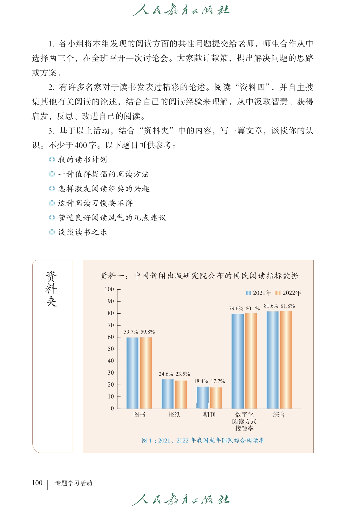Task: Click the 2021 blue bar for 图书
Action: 132,373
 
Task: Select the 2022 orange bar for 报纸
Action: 181,394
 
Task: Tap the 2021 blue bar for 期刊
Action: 203,397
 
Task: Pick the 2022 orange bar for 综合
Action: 286,360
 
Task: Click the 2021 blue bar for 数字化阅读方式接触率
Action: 238,361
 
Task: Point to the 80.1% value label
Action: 253,308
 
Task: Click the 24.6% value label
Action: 166,374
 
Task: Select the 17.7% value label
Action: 218,381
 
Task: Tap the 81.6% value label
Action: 271,306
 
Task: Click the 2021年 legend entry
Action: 259,293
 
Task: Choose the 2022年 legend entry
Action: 288,293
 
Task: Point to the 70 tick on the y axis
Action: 111,325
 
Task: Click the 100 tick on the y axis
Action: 109,289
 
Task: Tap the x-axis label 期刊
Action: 209,414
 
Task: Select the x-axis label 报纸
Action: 174,414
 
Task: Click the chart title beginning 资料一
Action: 199,276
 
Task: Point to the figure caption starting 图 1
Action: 203,440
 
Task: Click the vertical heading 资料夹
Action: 51,288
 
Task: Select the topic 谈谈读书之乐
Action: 82,232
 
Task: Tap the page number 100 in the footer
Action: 37,483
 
